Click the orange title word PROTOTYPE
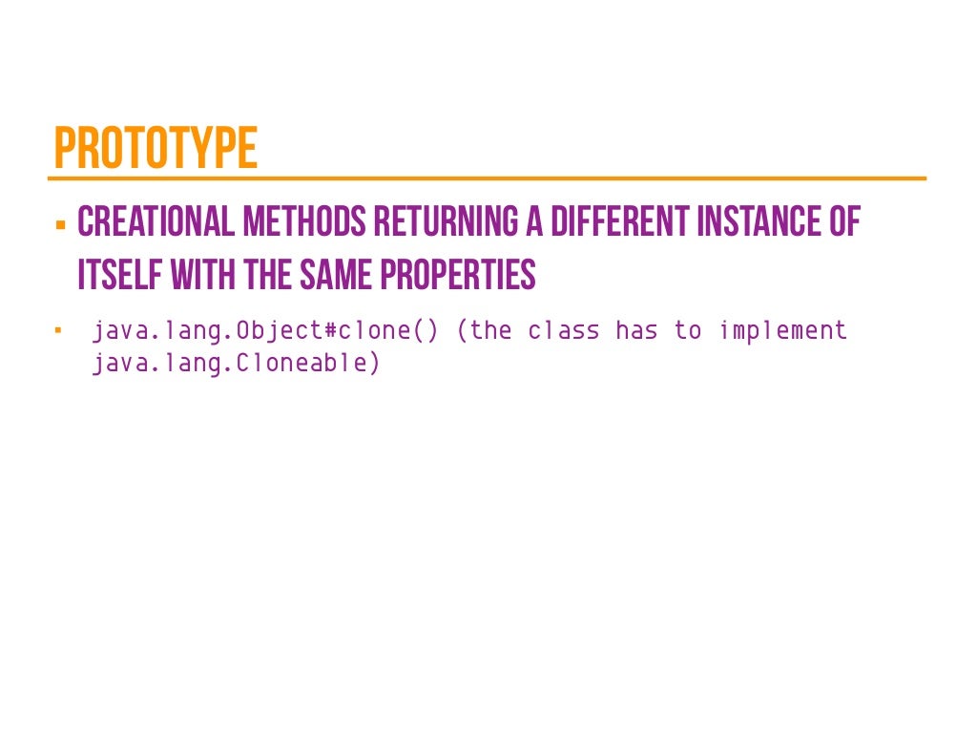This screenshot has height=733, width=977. click(156, 148)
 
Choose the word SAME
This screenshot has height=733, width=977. click(334, 275)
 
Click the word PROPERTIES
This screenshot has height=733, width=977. click(458, 275)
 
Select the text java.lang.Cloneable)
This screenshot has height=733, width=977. click(236, 364)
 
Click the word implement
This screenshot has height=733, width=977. click(782, 331)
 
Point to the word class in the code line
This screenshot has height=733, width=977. click(564, 331)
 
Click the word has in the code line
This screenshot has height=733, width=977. click(636, 331)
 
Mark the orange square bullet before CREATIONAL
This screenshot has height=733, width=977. click(60, 226)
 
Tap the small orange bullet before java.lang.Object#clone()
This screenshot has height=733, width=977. click(58, 331)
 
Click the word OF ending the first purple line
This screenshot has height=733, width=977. click(842, 222)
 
